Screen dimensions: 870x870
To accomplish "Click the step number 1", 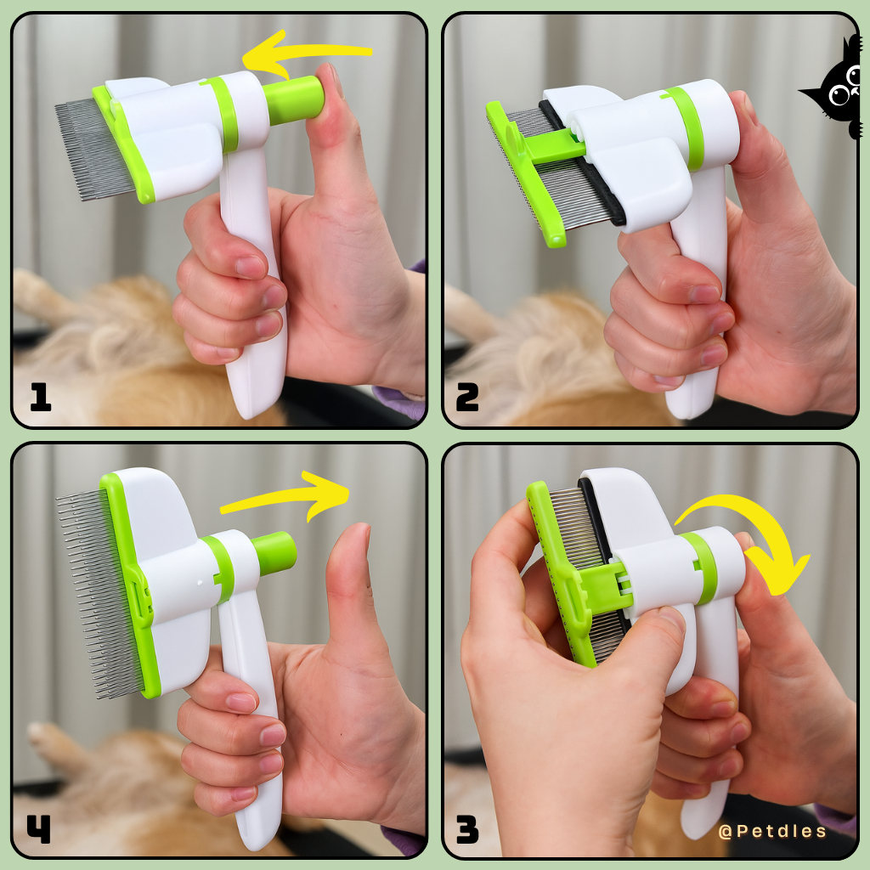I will [40, 397].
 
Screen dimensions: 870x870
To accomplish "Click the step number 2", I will [468, 397].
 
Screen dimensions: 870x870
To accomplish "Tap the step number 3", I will [468, 829].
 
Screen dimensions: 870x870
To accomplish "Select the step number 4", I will [39, 829].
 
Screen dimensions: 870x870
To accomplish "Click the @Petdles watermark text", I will [771, 831].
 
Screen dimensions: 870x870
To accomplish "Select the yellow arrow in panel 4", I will [289, 501].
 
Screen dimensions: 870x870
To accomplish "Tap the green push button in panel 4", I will [274, 553].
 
